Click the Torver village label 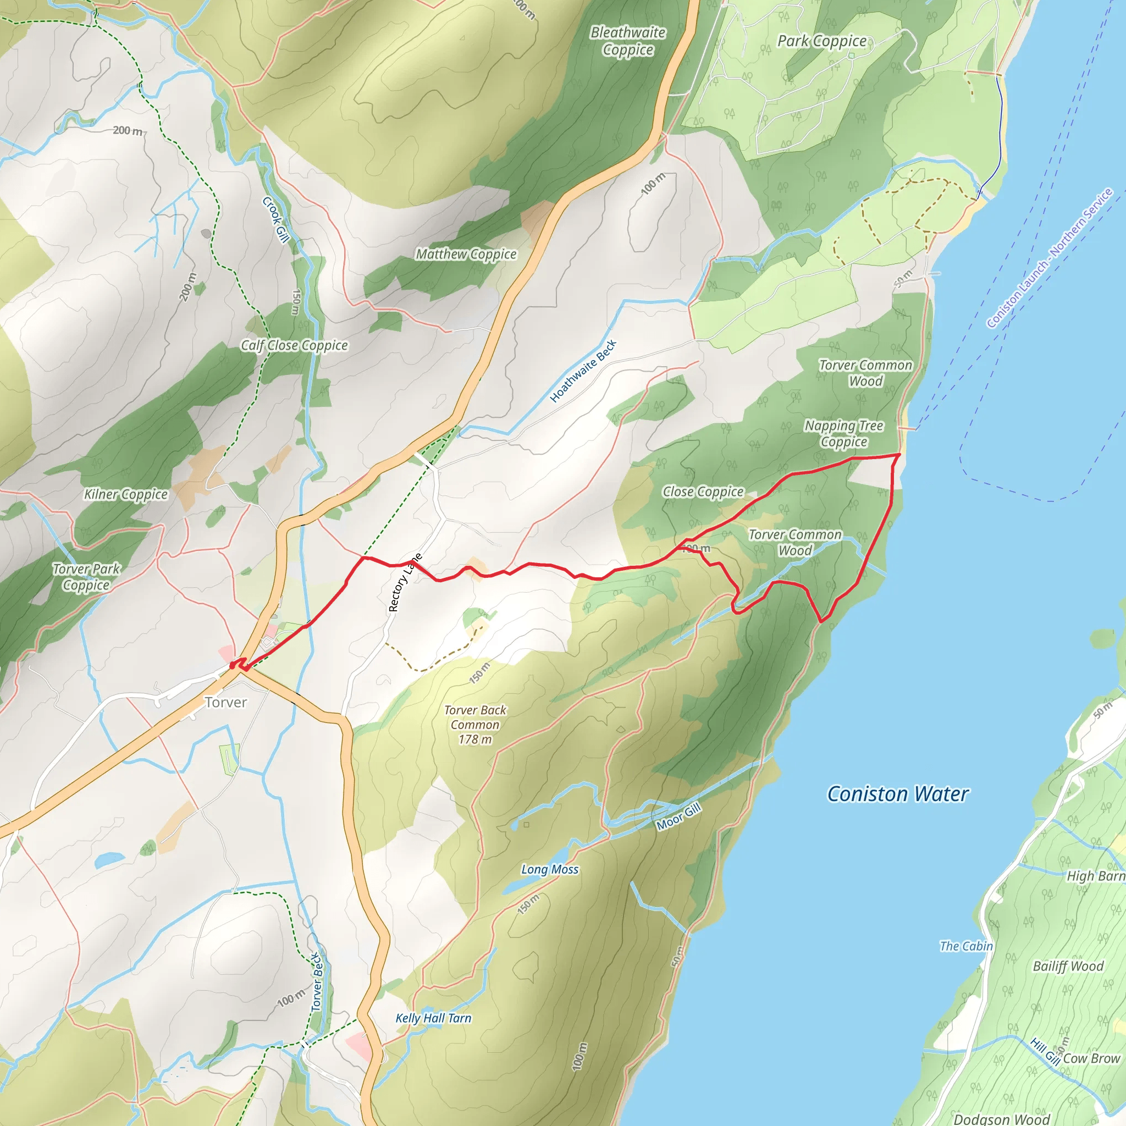point(225,702)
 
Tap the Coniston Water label point(897,794)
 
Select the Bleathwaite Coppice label point(628,41)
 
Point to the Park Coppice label point(822,41)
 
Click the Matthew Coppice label point(466,254)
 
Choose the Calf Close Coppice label point(294,346)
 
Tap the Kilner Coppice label point(126,494)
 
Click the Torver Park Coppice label point(86,577)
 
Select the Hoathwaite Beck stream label point(583,371)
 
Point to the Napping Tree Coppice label point(844,434)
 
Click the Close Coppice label point(703,492)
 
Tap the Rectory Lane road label point(405,583)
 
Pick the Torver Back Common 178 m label point(475,725)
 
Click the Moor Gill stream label point(678,816)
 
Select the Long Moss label point(550,870)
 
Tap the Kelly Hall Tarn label point(433,1018)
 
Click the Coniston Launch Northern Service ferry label point(1049,258)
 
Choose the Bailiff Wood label point(1068,967)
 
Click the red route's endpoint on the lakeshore point(899,454)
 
